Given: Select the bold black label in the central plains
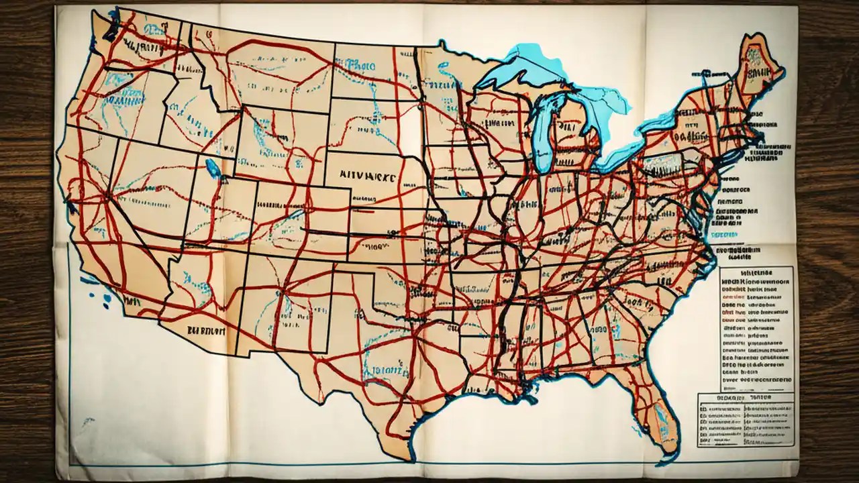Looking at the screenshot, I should click(x=368, y=172).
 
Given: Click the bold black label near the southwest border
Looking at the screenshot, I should click(x=206, y=330).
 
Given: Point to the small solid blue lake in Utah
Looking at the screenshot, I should click(x=213, y=168).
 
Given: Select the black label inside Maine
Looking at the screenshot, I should click(x=758, y=70).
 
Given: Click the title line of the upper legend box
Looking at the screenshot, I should click(x=756, y=274).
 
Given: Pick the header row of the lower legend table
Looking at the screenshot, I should click(x=746, y=398).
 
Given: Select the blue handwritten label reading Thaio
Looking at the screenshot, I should click(x=360, y=64).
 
